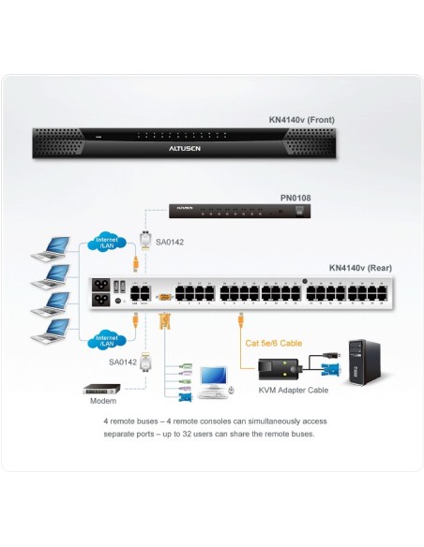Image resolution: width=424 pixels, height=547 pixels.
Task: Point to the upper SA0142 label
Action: [171, 242]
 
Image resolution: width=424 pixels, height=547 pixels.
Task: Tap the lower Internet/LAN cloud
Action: [108, 338]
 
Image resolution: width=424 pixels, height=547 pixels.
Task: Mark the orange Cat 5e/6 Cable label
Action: [272, 344]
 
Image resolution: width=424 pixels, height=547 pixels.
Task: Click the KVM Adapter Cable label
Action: [286, 389]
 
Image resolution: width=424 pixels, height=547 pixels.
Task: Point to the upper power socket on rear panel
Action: [100, 286]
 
